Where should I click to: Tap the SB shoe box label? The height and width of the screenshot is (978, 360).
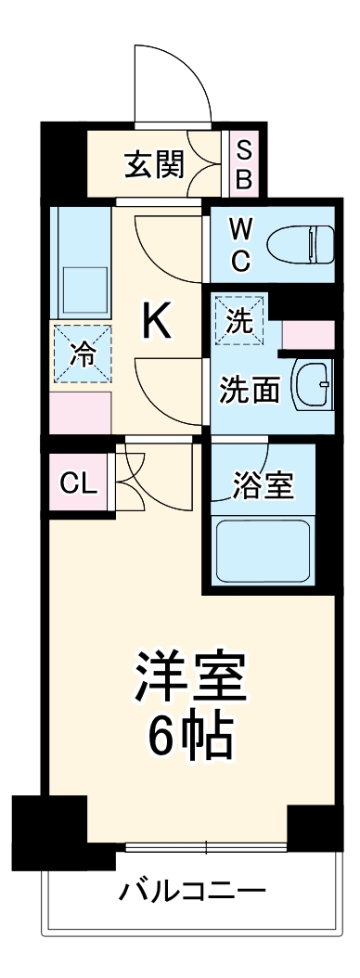click(x=243, y=164)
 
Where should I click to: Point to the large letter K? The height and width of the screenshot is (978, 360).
click(x=156, y=322)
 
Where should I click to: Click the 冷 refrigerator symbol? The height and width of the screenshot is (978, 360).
click(x=82, y=354)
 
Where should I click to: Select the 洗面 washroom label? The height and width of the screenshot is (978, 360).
click(x=249, y=390)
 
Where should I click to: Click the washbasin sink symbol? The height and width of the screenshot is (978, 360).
click(x=313, y=383)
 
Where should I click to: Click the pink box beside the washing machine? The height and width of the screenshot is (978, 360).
click(x=308, y=334)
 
